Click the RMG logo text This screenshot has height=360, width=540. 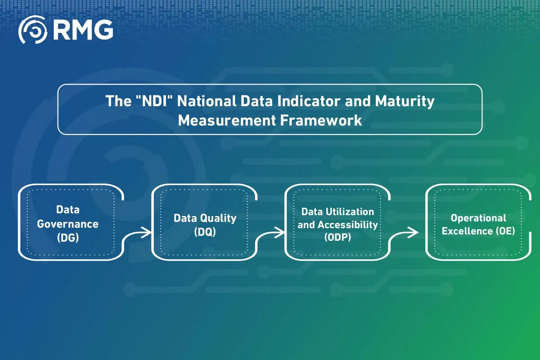point(83,30)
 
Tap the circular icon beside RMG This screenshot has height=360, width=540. point(33,30)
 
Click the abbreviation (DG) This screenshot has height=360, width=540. point(68,238)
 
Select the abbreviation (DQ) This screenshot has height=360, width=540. point(205,232)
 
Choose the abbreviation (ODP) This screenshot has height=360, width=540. point(337,238)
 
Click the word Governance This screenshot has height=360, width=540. point(67,224)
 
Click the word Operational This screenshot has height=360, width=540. point(478,218)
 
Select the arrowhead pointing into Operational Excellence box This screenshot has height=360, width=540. point(415,232)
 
